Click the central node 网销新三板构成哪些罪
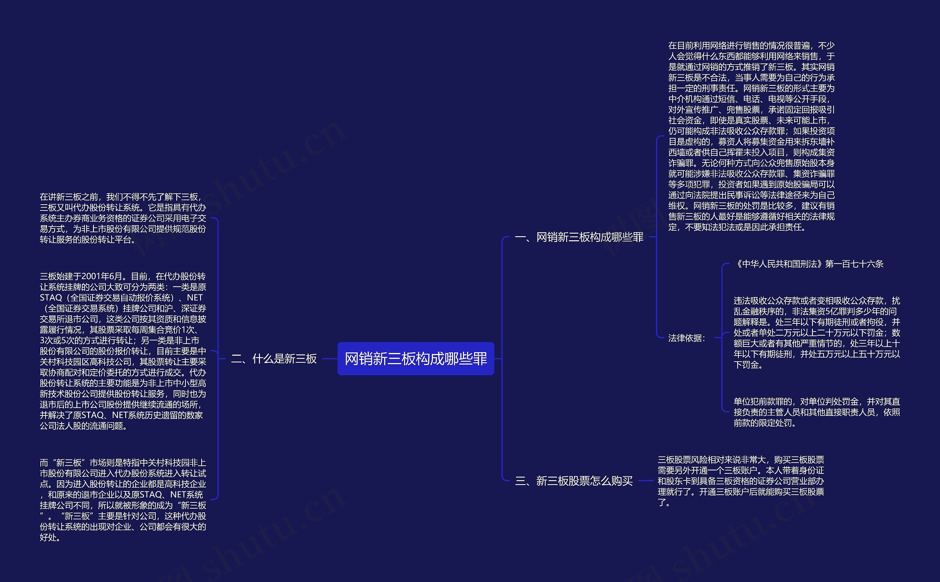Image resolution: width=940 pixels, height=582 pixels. (415, 358)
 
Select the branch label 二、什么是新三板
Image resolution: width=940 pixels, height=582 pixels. (274, 359)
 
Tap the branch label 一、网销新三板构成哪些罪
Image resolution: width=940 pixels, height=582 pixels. (579, 237)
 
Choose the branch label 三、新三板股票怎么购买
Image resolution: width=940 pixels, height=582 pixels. (574, 481)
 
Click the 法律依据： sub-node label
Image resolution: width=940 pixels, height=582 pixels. (686, 338)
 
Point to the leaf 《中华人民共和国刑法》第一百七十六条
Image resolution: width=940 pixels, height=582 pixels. (809, 264)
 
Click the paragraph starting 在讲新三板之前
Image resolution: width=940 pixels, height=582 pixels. (123, 218)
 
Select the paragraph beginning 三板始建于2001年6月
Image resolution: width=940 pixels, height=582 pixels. (123, 351)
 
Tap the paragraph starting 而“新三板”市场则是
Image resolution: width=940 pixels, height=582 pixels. (123, 499)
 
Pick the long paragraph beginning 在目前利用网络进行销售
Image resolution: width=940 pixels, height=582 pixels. (751, 136)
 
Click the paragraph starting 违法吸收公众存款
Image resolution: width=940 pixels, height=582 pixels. (817, 333)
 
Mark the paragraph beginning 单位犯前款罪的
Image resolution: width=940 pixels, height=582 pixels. (817, 412)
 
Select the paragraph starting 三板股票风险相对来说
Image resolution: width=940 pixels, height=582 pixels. (740, 481)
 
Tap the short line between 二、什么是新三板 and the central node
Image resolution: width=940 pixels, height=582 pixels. (329, 359)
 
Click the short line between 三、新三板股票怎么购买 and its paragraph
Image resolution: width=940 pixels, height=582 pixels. (646, 481)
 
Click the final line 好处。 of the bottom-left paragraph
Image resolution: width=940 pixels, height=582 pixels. (50, 537)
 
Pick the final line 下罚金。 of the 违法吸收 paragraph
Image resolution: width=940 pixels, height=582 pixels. (748, 365)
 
